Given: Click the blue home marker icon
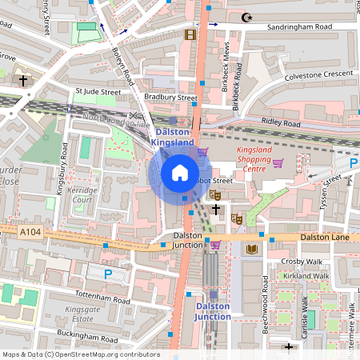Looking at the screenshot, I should click(180, 173).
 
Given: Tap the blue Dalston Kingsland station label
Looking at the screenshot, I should click(174, 136).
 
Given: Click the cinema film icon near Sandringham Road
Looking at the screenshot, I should click(190, 34).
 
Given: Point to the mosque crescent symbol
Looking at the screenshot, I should click(245, 17).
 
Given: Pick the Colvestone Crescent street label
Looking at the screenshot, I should click(319, 74).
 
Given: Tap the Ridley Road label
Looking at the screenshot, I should click(282, 124).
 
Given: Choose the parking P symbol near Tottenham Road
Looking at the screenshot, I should click(109, 274).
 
